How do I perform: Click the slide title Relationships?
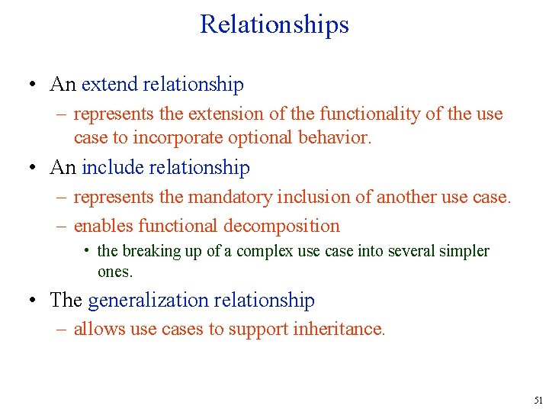tap(274, 24)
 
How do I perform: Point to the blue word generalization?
tap(150, 301)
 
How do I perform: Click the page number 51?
tap(538, 400)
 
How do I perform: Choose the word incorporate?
tap(175, 138)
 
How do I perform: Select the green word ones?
tap(114, 272)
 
